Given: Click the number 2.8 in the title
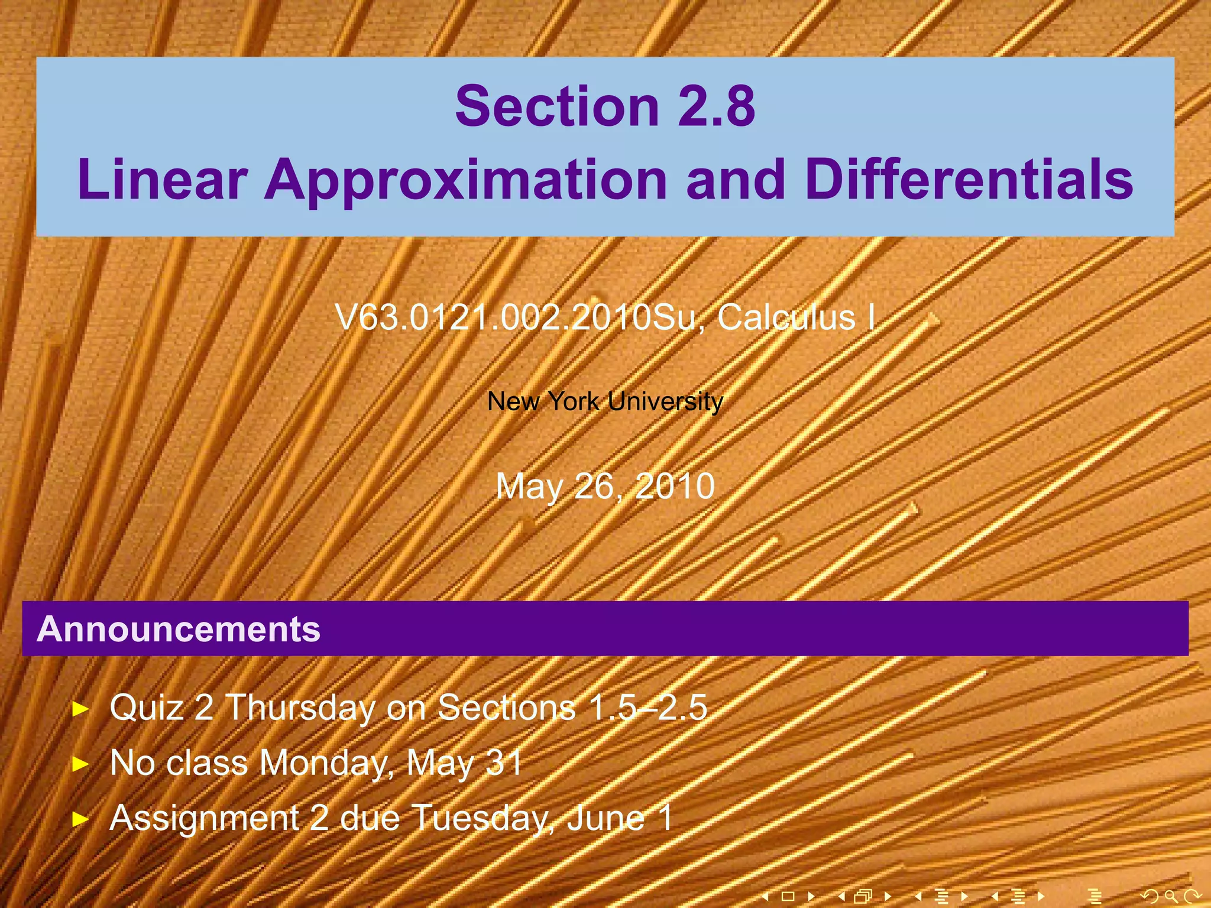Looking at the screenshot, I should point(716,106).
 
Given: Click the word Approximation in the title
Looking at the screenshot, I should point(466,179).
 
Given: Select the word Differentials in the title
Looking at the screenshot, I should point(969,179).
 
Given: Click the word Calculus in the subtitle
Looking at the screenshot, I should point(786,318).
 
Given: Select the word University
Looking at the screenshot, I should point(665,402).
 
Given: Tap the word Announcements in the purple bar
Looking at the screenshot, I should point(179,629).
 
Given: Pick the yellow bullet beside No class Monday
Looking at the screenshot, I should point(80,764).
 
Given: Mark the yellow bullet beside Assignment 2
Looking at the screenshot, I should point(80,819).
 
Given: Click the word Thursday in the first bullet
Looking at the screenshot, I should point(300,708).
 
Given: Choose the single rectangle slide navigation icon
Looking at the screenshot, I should point(788,896).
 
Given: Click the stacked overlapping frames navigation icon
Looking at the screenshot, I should point(864,896).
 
